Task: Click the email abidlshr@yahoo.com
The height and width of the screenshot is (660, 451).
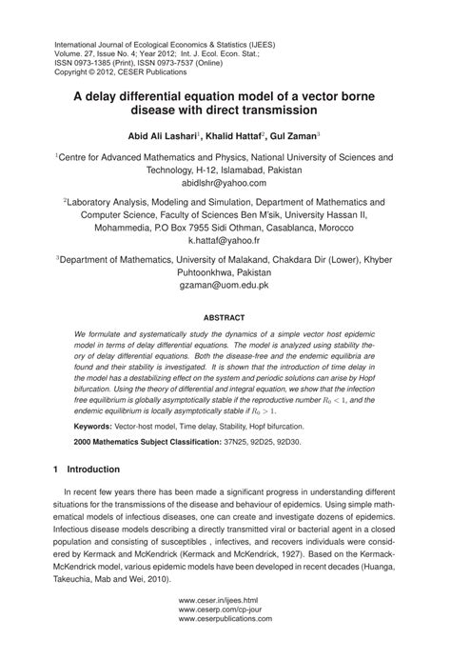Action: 225,181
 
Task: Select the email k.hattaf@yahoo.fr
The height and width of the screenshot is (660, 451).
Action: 225,241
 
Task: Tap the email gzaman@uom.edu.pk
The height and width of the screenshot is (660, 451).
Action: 225,285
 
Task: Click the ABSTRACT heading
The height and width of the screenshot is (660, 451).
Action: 225,316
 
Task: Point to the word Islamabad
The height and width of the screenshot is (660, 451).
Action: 218,169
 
